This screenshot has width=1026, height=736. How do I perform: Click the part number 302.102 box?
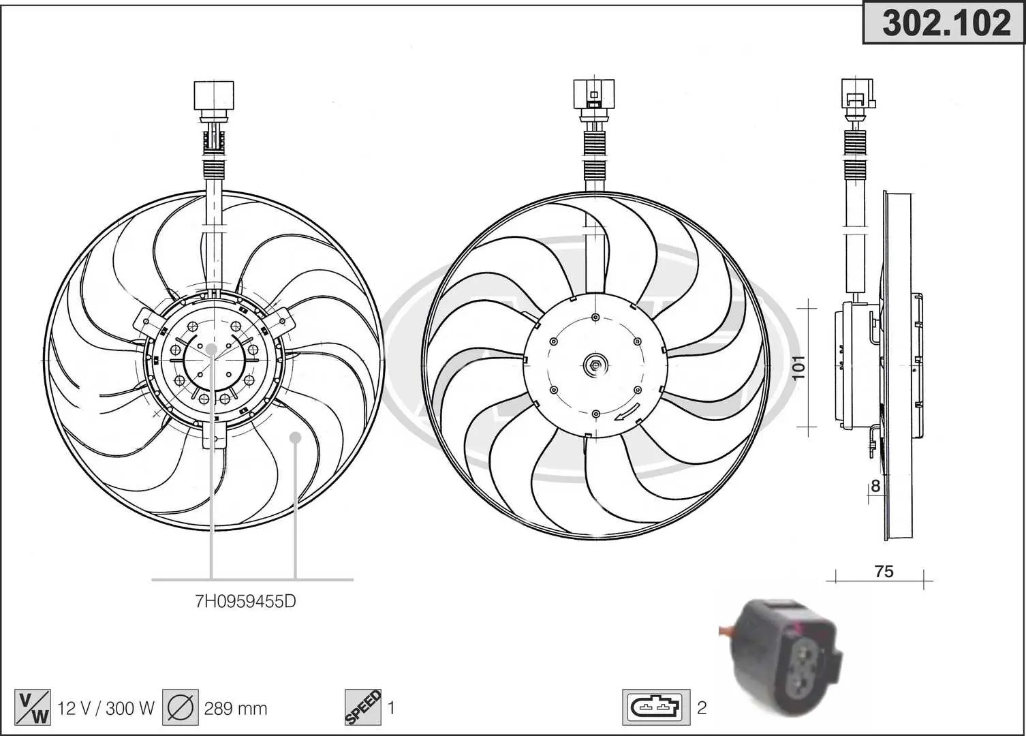click(944, 22)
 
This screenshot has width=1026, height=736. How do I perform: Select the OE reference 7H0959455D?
click(245, 601)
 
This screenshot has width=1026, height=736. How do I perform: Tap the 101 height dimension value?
click(798, 367)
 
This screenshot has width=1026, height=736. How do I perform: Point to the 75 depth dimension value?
click(884, 572)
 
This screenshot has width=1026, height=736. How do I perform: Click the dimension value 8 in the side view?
click(875, 486)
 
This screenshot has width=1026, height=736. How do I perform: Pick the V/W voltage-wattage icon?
click(33, 708)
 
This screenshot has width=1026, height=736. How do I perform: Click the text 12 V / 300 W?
click(106, 709)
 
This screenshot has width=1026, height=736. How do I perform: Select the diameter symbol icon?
click(181, 708)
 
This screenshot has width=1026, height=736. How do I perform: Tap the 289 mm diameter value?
click(236, 709)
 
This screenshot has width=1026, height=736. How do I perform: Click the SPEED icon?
click(362, 708)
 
